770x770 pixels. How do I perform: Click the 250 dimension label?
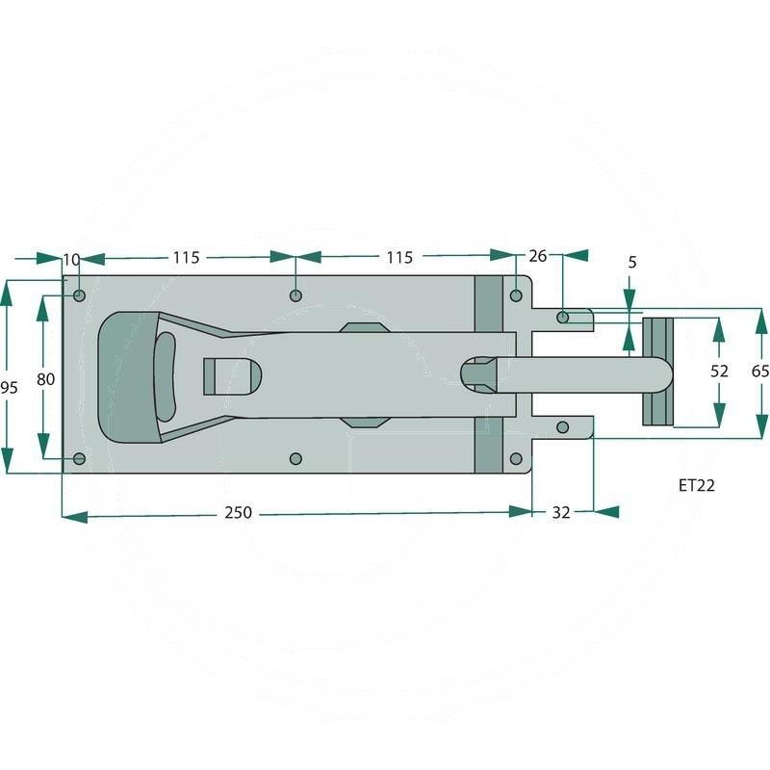[x=238, y=512]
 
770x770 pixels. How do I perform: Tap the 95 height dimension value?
[x=9, y=388]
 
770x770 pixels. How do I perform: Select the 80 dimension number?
[x=45, y=379]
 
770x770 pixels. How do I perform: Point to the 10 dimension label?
[x=71, y=260]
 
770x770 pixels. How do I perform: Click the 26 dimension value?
[x=538, y=256]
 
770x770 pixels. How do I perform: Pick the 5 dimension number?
[x=632, y=262]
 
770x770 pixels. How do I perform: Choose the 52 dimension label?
[x=719, y=371]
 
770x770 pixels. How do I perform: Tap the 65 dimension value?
[x=760, y=371]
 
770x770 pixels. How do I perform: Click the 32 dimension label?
[x=561, y=512]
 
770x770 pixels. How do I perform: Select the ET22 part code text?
[x=696, y=485]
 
